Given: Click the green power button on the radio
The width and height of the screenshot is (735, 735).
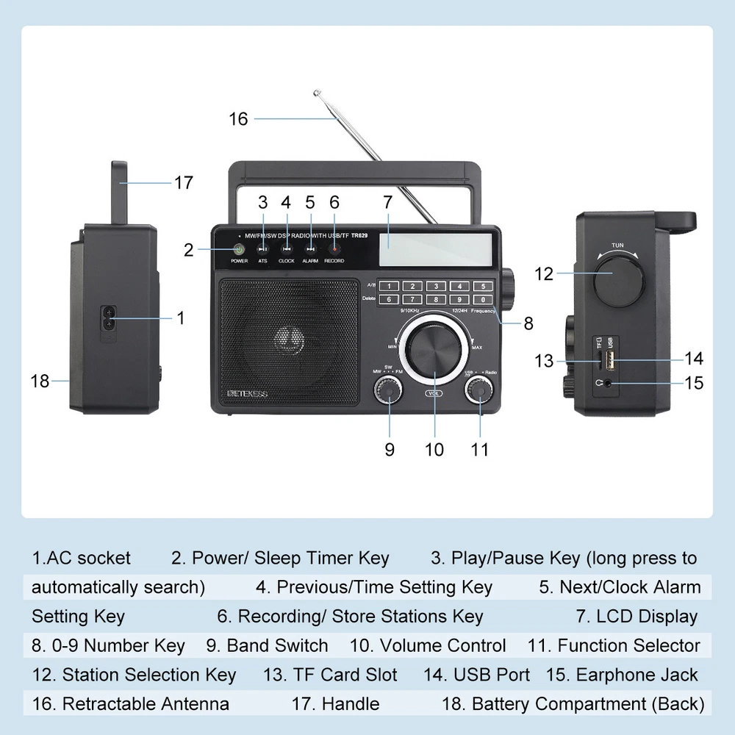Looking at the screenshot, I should tap(239, 250).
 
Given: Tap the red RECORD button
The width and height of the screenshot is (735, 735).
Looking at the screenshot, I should tap(334, 250).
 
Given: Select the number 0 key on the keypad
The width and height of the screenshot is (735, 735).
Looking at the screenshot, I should tap(482, 299).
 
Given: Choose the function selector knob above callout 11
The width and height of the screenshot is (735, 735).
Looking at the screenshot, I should tap(479, 390).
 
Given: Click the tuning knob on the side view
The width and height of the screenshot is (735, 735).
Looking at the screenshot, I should tap(619, 280).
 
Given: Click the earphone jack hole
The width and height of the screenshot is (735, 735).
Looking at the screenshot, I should tap(607, 382).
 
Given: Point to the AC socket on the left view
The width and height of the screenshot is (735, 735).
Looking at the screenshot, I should tap(109, 318).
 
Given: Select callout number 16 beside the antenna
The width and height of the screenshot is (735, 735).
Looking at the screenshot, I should tap(239, 118).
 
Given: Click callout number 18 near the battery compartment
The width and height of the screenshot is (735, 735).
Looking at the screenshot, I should tap(40, 381).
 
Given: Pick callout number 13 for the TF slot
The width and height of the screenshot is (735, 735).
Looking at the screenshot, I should tap(544, 361).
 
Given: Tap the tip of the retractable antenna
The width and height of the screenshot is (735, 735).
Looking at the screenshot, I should tap(317, 93).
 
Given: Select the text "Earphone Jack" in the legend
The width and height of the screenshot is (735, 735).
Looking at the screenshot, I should tap(637, 675).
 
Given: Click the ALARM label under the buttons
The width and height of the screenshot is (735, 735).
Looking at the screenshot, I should tap(310, 261).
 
